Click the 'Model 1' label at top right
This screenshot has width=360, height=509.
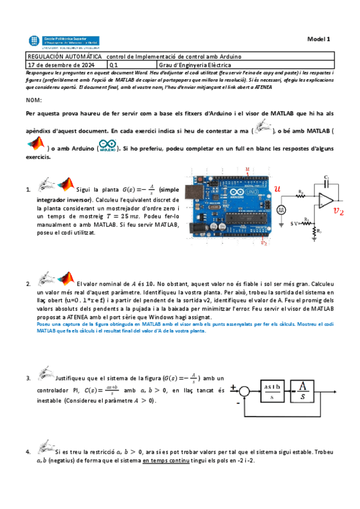(319, 38)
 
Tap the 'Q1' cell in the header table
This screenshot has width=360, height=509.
(115, 64)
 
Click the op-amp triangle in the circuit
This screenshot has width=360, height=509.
(326, 201)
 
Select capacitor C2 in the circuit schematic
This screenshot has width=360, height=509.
(326, 181)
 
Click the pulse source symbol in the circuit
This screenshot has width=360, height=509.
(281, 209)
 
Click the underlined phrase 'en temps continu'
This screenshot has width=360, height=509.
(162, 460)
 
